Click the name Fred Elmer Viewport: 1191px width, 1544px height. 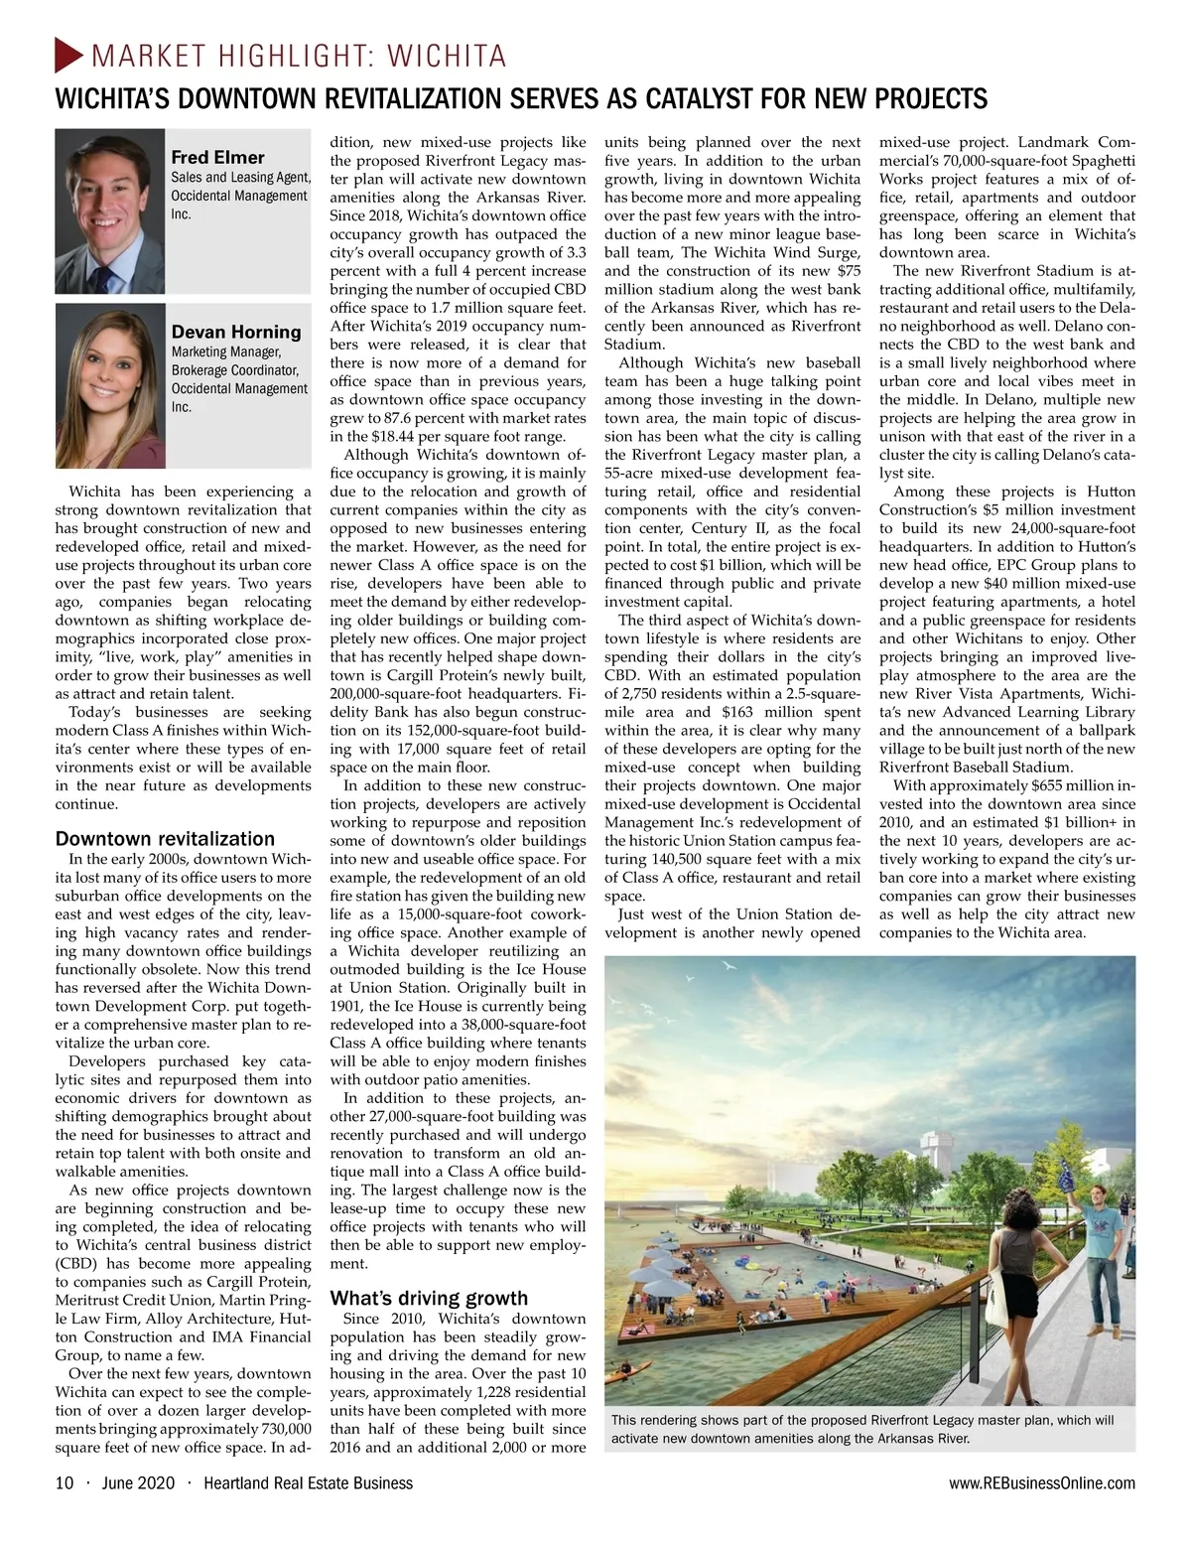[x=217, y=158]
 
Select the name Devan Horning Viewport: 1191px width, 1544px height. [x=235, y=332]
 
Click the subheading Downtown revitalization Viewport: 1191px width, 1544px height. [x=165, y=839]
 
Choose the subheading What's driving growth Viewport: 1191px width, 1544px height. [x=429, y=1298]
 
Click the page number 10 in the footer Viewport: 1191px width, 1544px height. [x=65, y=1483]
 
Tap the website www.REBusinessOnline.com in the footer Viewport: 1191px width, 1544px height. [x=1042, y=1483]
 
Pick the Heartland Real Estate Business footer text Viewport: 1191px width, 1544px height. [x=308, y=1483]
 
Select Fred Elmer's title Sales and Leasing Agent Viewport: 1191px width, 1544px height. [x=241, y=178]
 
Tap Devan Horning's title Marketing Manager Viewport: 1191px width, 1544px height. [x=226, y=351]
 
